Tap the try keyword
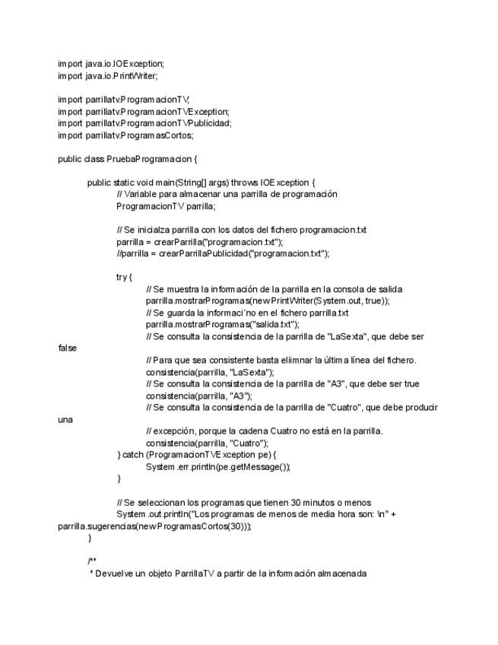click(122, 277)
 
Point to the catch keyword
click(133, 455)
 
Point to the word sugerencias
click(112, 526)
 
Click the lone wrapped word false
click(67, 348)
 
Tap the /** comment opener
click(91, 561)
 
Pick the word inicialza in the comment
click(156, 230)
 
